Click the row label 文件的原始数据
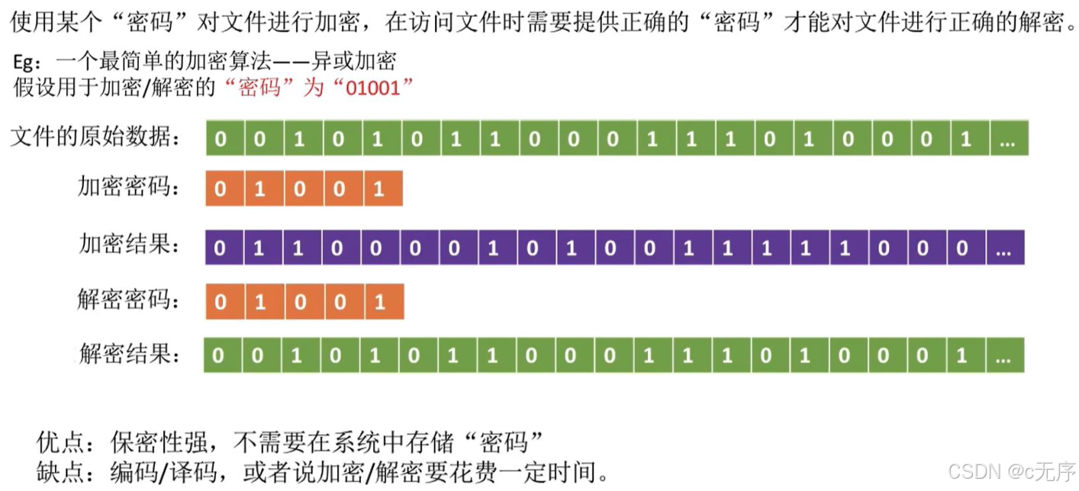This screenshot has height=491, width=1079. point(96,138)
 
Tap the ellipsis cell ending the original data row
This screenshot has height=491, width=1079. point(1010,138)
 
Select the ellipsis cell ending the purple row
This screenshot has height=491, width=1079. point(1005,247)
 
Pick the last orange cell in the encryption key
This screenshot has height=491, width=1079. point(382,188)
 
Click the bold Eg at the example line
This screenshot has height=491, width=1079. point(26,62)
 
